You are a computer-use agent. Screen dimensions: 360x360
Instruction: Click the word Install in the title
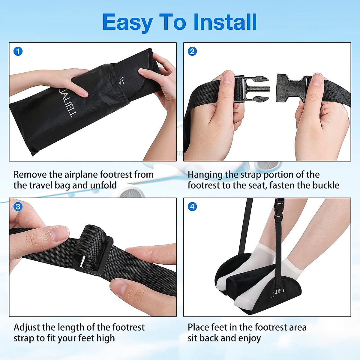225,22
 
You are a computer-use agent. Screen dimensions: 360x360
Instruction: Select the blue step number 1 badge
18,51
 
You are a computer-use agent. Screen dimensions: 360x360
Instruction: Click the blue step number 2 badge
192,51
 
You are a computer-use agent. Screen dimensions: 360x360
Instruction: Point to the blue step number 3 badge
18,206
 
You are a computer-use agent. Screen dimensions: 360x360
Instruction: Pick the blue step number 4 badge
192,206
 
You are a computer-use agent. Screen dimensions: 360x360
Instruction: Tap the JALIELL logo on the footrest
278,292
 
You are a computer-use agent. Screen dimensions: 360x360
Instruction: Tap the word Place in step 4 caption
198,327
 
